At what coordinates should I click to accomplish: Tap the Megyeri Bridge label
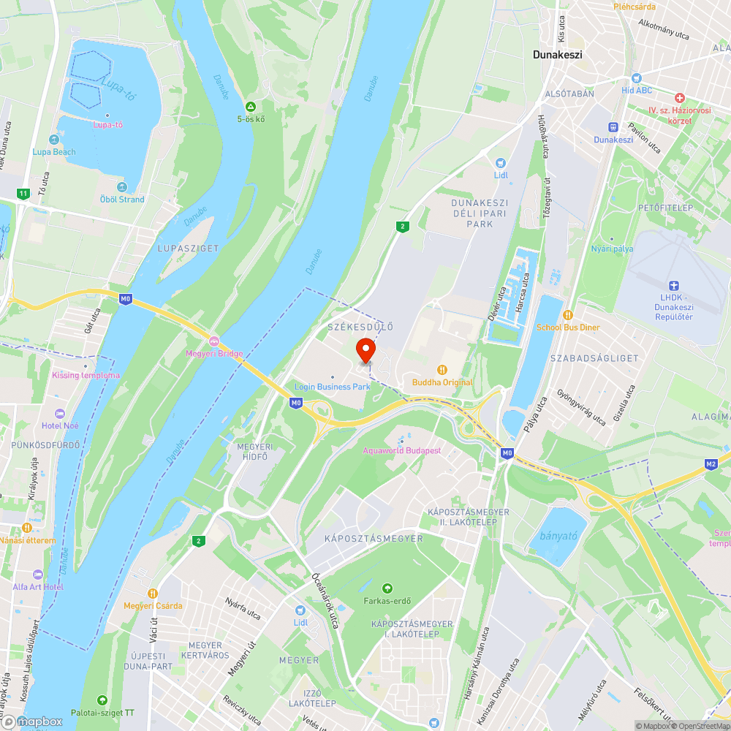click(214, 355)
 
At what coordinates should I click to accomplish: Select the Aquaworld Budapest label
click(402, 450)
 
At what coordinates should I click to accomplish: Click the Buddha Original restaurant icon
click(442, 370)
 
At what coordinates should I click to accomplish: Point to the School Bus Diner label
click(568, 327)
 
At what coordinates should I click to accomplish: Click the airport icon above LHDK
click(674, 285)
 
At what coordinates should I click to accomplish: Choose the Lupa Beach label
click(53, 152)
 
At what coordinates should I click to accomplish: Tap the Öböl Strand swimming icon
click(122, 187)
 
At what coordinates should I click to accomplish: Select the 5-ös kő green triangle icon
click(250, 107)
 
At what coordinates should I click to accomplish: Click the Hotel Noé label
click(61, 426)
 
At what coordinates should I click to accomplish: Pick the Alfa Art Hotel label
click(38, 586)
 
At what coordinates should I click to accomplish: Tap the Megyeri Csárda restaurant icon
click(153, 594)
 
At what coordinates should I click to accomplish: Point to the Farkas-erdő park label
click(387, 602)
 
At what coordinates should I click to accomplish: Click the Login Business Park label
click(333, 386)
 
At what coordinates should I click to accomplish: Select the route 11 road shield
click(23, 194)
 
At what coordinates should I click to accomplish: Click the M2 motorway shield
click(711, 463)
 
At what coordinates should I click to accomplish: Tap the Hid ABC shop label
click(636, 90)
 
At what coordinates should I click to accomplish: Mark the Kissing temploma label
click(86, 376)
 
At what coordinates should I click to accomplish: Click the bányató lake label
click(558, 536)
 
